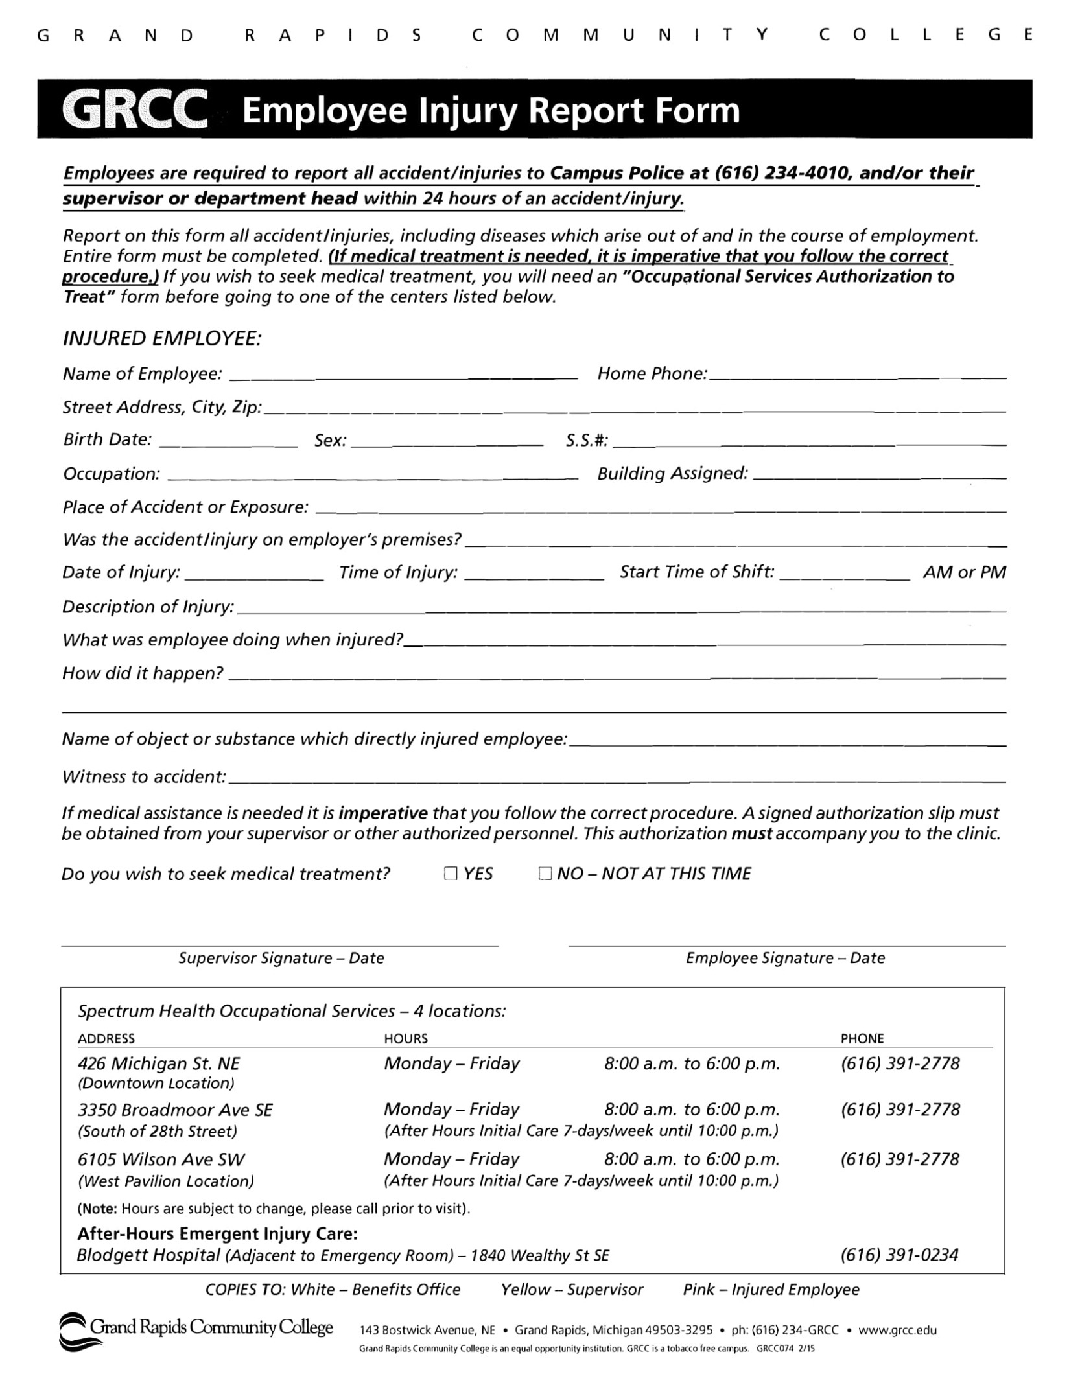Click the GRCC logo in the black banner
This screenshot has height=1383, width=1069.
pos(135,110)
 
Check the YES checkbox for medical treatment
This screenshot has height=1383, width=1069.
pos(451,874)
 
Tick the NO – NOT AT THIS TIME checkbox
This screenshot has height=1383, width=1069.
pos(545,874)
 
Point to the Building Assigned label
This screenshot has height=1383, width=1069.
pos(672,474)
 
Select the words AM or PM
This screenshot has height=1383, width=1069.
pos(965,572)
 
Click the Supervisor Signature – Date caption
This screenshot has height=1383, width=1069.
pos(281,958)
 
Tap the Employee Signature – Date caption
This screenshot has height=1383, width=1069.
pos(785,958)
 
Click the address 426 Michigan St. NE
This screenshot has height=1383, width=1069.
pos(159,1063)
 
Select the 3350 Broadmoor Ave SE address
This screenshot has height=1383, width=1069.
pos(175,1110)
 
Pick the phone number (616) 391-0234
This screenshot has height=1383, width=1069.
pos(899,1255)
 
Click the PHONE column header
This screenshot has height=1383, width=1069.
pos(862,1038)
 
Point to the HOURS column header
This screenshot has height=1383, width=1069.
pos(406,1038)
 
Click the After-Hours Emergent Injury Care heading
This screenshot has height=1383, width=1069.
pos(217,1233)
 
